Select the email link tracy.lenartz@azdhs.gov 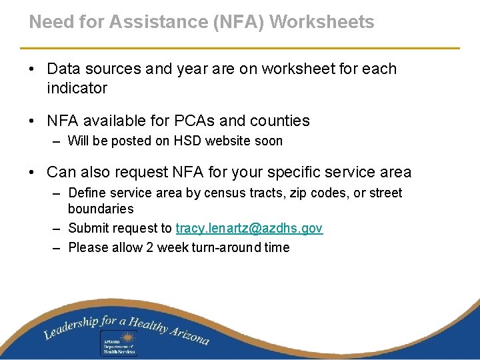pos(249,229)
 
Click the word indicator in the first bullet pos(77,88)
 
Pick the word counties pos(279,121)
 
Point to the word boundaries pos(101,209)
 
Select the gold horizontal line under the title pos(240,48)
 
